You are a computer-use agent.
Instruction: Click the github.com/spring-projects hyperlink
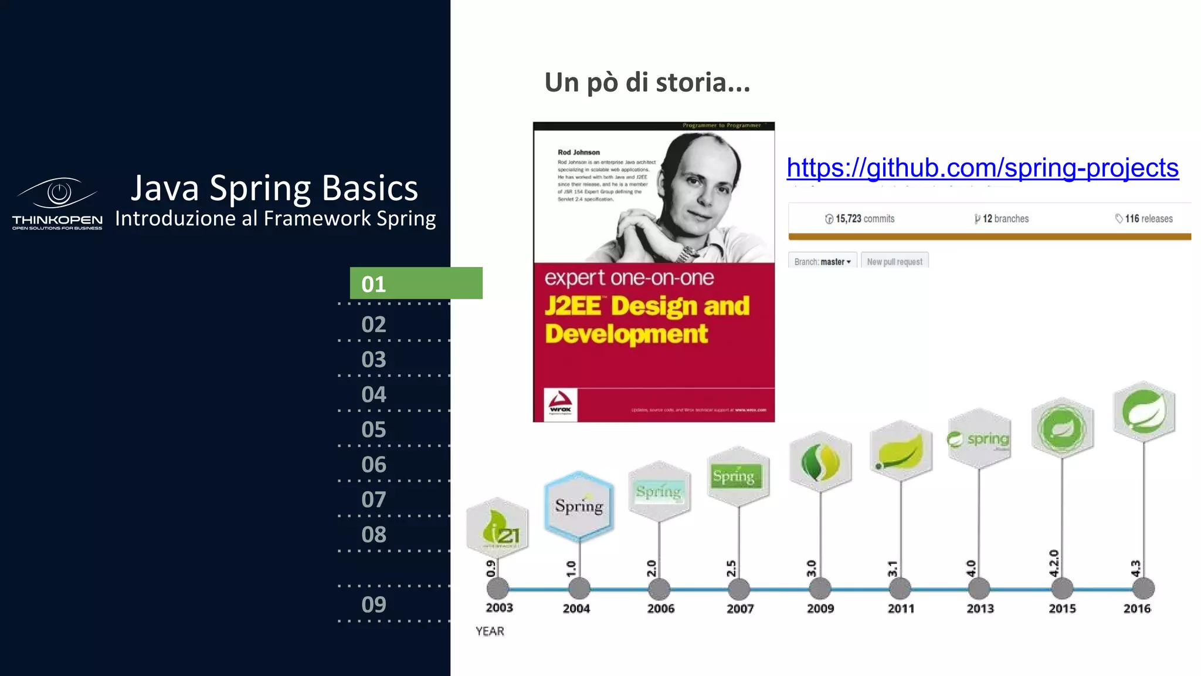[982, 168]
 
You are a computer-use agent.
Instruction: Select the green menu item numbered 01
[416, 283]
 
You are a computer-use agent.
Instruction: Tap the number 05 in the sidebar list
[374, 430]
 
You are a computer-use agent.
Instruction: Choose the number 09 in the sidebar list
[374, 604]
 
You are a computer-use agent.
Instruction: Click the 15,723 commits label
[860, 219]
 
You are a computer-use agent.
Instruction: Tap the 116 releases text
[1144, 219]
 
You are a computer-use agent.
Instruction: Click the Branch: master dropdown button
[822, 262]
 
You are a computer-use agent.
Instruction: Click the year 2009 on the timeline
[820, 609]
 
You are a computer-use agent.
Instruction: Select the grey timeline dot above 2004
[579, 588]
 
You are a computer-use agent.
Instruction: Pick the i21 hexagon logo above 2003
[497, 526]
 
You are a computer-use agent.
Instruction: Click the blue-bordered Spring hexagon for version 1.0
[579, 505]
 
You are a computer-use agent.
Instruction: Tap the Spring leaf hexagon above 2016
[1144, 411]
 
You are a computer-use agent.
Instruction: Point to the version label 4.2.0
[1054, 563]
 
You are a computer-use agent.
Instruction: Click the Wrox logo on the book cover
[561, 404]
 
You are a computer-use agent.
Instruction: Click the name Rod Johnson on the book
[578, 152]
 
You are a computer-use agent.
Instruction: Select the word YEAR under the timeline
[490, 631]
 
